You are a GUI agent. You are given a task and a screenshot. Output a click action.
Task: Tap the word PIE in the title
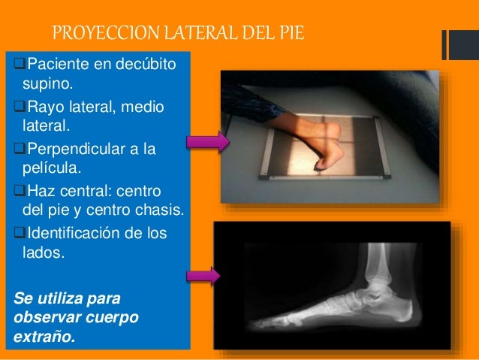point(292,34)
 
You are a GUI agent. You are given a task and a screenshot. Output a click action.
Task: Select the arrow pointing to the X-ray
point(203,276)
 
